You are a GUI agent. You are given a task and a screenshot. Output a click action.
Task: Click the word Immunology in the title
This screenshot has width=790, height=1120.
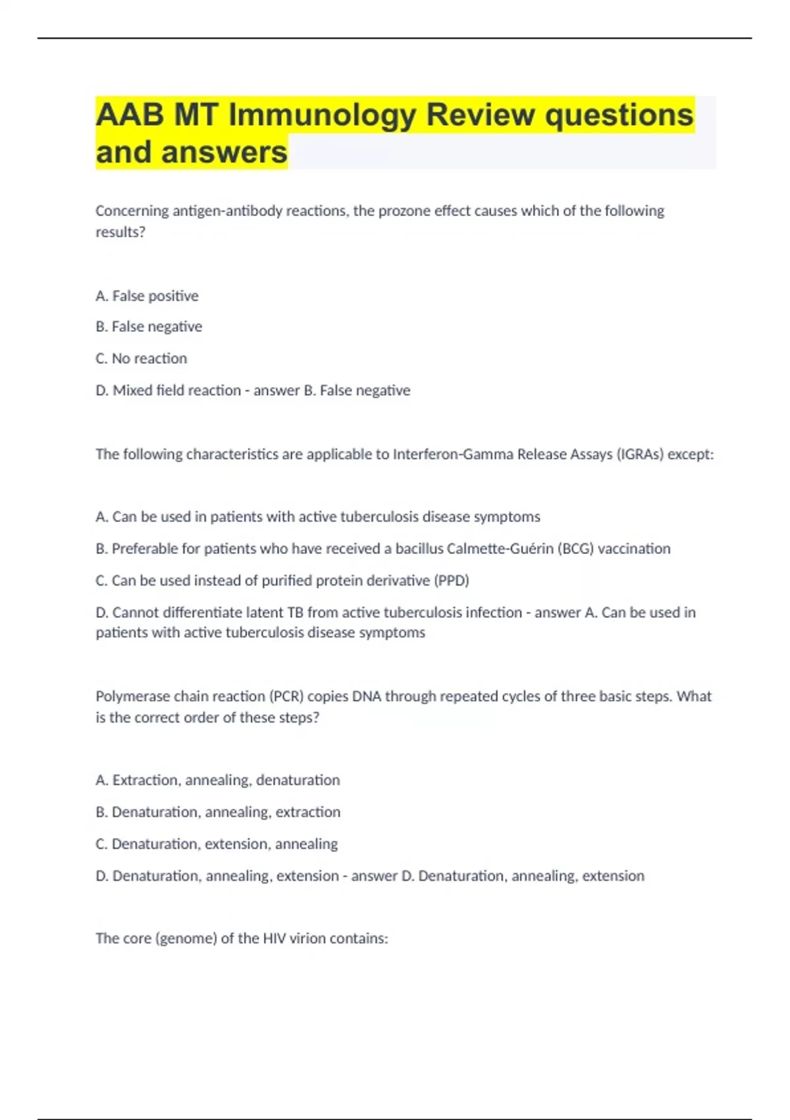(322, 115)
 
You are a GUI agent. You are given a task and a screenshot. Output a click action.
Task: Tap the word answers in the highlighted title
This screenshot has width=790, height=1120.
(224, 152)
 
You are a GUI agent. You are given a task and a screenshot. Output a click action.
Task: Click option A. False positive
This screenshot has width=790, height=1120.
(147, 296)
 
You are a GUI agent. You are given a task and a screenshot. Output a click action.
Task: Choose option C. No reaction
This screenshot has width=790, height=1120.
(142, 358)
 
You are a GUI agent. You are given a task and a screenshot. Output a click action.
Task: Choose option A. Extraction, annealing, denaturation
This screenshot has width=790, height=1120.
(218, 780)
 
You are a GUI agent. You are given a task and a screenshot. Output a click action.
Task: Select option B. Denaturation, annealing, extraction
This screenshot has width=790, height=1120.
(218, 812)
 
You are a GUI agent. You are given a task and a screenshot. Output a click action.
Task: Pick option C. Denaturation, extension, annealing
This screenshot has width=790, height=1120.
(217, 844)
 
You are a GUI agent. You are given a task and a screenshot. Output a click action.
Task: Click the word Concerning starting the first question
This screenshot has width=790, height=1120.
(132, 211)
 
